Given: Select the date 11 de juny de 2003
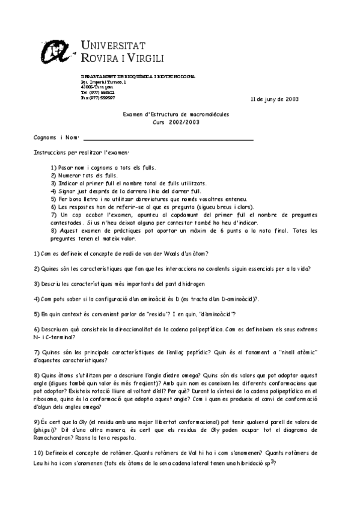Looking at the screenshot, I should click(x=274, y=99).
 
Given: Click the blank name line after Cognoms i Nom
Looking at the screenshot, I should click(x=168, y=138).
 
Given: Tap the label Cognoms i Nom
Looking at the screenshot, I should click(x=52, y=138).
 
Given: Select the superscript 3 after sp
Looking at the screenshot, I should click(x=272, y=461).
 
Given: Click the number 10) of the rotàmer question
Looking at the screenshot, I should click(x=38, y=452).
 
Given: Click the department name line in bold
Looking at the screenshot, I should click(x=138, y=77).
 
